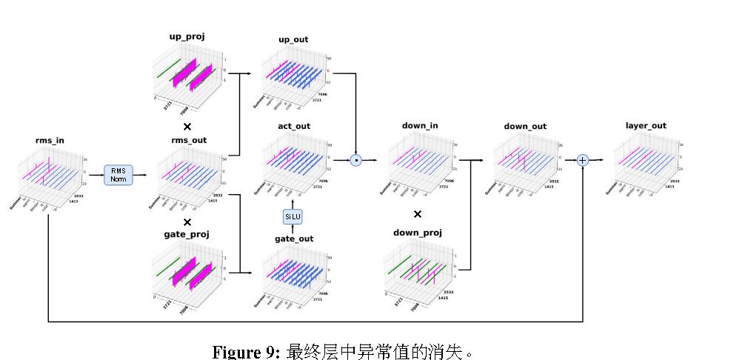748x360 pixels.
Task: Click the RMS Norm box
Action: click(x=118, y=175)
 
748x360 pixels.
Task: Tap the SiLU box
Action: click(x=293, y=216)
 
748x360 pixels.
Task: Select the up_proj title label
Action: click(x=187, y=36)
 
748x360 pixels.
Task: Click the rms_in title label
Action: click(x=50, y=141)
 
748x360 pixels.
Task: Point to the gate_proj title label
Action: click(x=187, y=234)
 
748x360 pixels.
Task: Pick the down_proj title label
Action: click(x=418, y=233)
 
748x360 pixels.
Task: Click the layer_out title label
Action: click(x=646, y=126)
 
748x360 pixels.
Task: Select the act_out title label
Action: click(x=294, y=127)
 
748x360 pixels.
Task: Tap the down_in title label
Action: click(x=420, y=126)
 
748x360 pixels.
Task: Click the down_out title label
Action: click(x=525, y=127)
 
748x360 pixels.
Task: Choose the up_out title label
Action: click(x=293, y=39)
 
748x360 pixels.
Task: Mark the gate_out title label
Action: click(x=294, y=239)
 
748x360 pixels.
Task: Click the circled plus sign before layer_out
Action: click(x=583, y=160)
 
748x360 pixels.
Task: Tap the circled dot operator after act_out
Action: click(x=356, y=159)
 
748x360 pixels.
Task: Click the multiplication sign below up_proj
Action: click(x=187, y=127)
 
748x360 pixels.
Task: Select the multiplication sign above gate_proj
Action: click(x=187, y=221)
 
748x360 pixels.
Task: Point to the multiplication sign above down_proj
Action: click(x=418, y=214)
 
